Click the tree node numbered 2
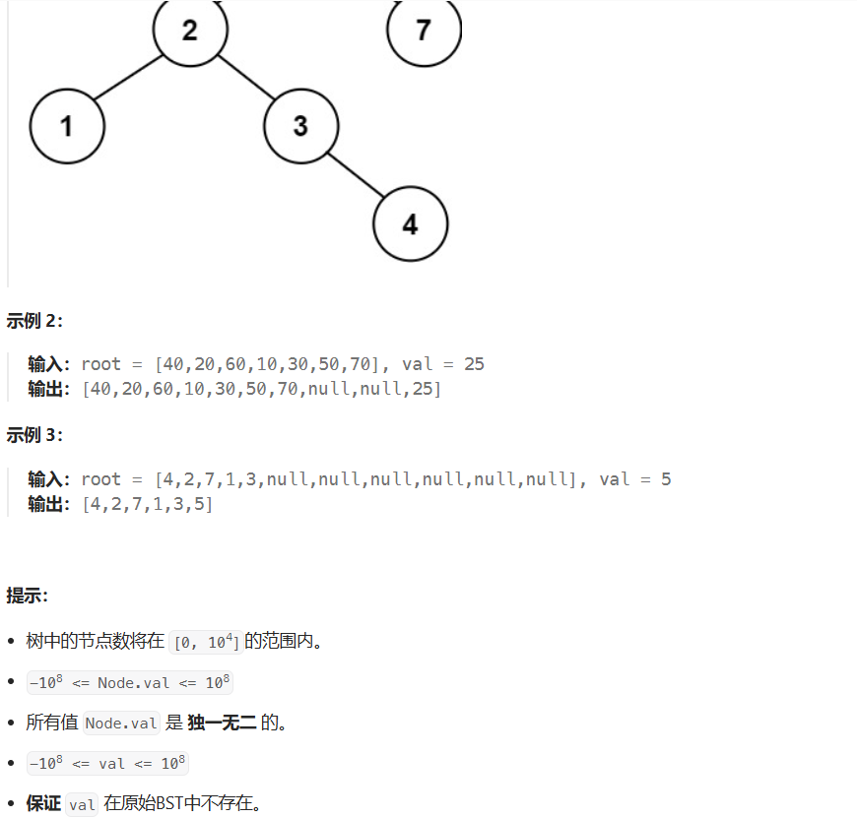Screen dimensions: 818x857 click(190, 30)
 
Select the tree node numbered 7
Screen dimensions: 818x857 click(424, 30)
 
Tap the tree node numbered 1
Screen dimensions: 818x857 click(67, 126)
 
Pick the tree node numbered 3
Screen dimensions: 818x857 click(300, 126)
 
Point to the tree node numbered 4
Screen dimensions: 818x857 click(410, 224)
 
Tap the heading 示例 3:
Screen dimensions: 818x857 click(34, 435)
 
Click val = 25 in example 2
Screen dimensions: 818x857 click(443, 364)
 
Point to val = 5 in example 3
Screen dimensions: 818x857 click(634, 479)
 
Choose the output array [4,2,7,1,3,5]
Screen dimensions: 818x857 click(147, 505)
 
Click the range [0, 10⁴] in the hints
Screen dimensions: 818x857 click(206, 643)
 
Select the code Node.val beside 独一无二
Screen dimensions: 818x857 click(121, 724)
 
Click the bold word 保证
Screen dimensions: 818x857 click(43, 803)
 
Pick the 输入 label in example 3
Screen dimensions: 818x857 click(47, 479)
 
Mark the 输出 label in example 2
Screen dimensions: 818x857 click(47, 389)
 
